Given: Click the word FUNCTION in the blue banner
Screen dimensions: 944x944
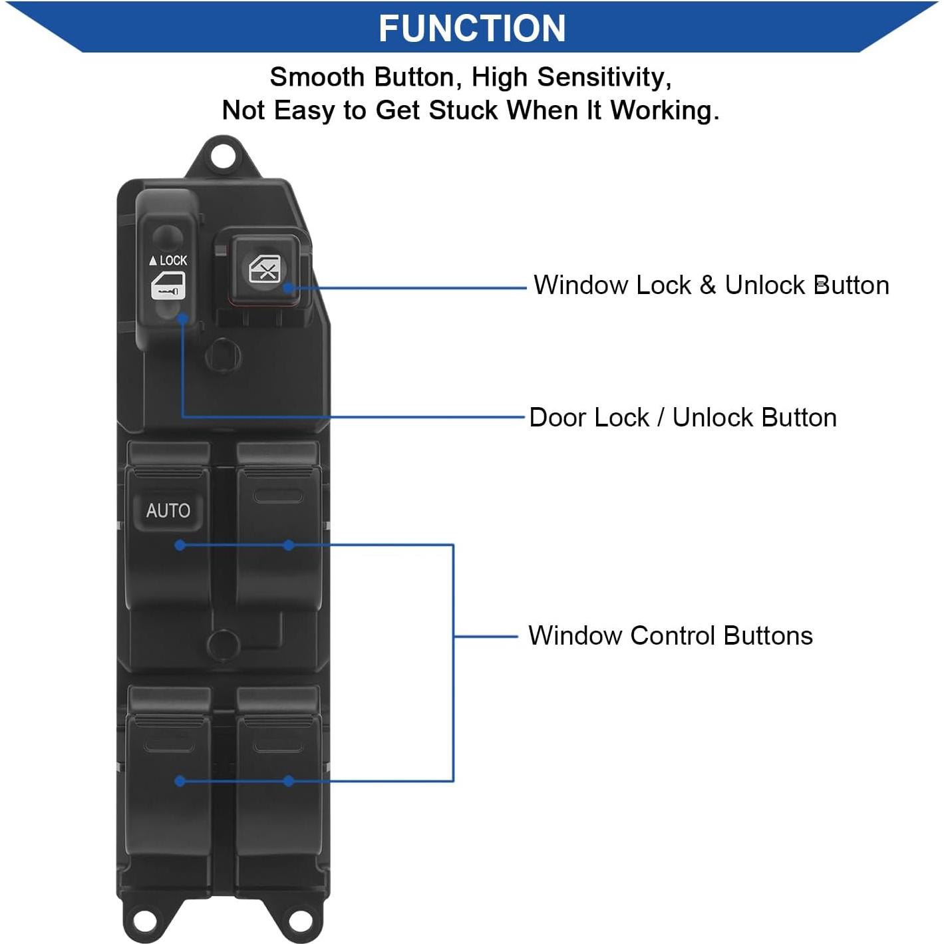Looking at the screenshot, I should click(x=472, y=29).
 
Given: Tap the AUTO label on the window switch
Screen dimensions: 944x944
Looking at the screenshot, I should click(x=168, y=511).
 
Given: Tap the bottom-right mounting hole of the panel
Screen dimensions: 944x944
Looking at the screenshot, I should click(x=297, y=919).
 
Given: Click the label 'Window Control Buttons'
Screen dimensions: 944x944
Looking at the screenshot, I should click(x=670, y=636).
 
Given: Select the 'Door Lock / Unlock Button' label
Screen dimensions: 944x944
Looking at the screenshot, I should click(x=683, y=418).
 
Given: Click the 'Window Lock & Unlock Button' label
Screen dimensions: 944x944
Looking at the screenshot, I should click(x=711, y=285).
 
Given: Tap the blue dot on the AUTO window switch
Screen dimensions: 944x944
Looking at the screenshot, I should click(x=180, y=546).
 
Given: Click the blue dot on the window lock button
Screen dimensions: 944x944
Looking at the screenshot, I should click(x=289, y=288).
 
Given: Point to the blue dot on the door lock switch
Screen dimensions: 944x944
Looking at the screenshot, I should click(x=182, y=318).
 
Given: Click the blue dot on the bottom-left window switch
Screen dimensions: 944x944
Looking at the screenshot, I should click(x=180, y=781).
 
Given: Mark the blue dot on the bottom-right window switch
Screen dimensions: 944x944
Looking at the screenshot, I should click(x=289, y=781).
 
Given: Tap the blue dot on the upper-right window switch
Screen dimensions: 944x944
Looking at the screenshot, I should click(x=289, y=546).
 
